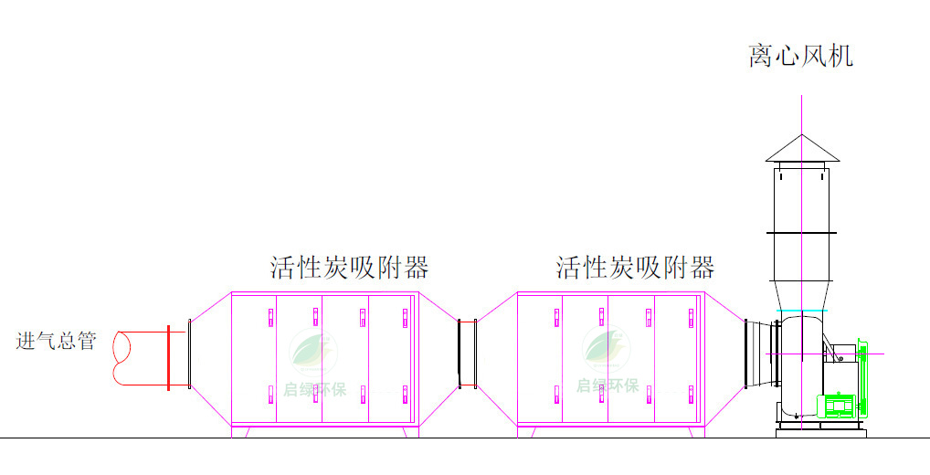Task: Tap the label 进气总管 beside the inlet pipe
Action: [56, 341]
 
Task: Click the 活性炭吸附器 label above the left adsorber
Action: [349, 268]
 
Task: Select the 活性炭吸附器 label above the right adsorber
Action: [635, 268]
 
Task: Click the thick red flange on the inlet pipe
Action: [168, 358]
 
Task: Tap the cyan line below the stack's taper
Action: [802, 311]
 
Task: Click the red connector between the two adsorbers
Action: [468, 354]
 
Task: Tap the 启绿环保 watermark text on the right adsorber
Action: [608, 386]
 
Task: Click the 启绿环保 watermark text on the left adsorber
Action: [314, 390]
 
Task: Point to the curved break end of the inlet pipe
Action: [123, 358]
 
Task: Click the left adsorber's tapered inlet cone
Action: [210, 358]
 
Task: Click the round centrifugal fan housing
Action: [800, 366]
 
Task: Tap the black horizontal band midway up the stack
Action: [802, 233]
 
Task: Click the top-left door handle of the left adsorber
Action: [270, 317]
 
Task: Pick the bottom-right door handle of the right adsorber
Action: [692, 395]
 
